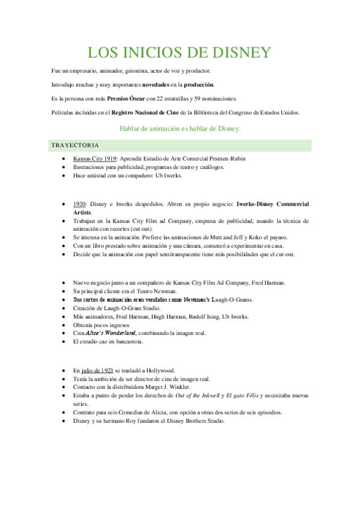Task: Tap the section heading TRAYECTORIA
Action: (75, 146)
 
